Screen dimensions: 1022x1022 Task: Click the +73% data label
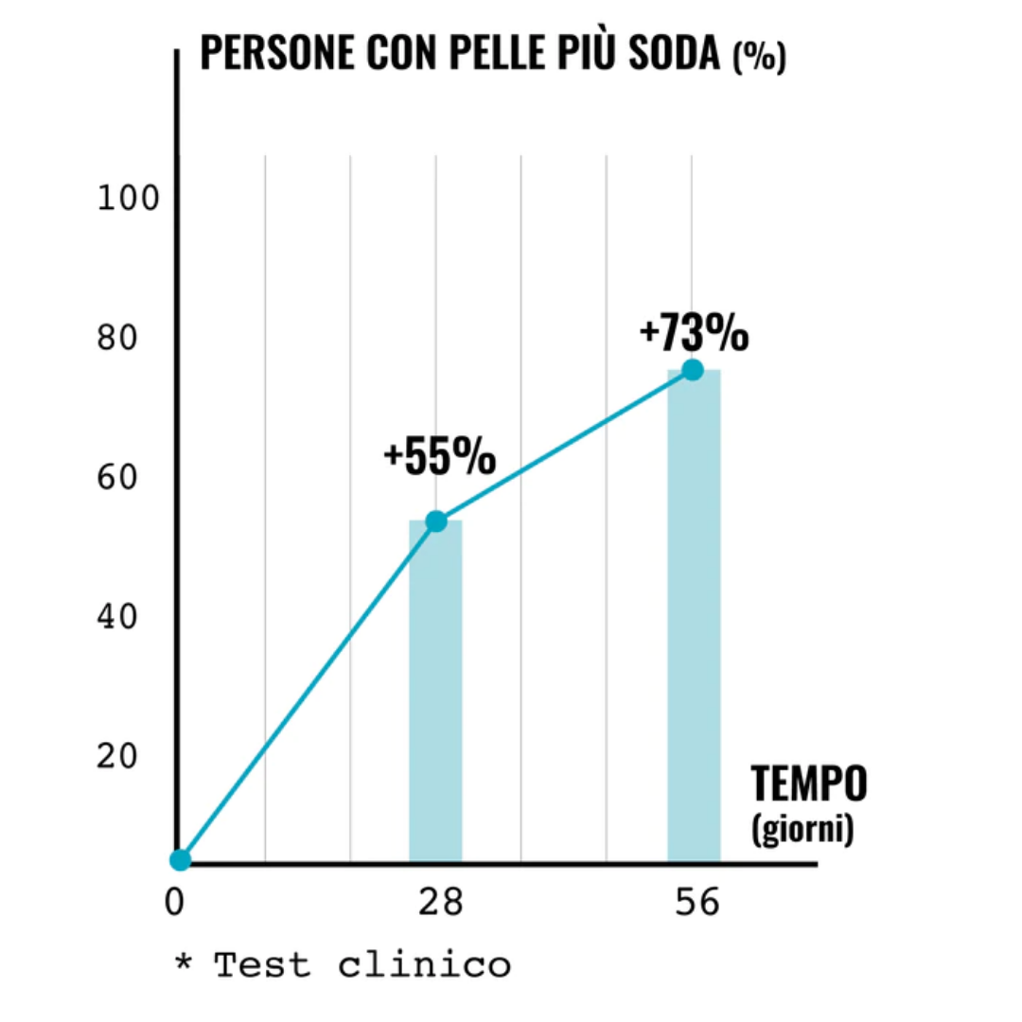tap(694, 334)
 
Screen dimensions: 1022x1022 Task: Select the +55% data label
tap(439, 458)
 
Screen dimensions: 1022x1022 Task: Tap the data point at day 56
tap(693, 369)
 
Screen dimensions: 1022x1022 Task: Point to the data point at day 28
tap(436, 520)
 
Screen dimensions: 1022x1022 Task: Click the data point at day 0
tap(180, 859)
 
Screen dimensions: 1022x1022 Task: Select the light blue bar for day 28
tap(435, 691)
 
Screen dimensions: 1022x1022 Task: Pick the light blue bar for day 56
tap(694, 615)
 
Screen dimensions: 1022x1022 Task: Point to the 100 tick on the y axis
tap(117, 200)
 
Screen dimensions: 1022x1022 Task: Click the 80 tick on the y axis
tap(117, 339)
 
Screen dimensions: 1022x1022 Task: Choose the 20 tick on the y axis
tap(117, 756)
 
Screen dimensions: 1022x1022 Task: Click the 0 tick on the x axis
tap(174, 903)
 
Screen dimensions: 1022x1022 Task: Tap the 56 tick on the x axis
tap(698, 903)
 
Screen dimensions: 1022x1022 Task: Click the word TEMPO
tap(809, 784)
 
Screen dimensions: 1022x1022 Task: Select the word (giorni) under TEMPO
tap(802, 829)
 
